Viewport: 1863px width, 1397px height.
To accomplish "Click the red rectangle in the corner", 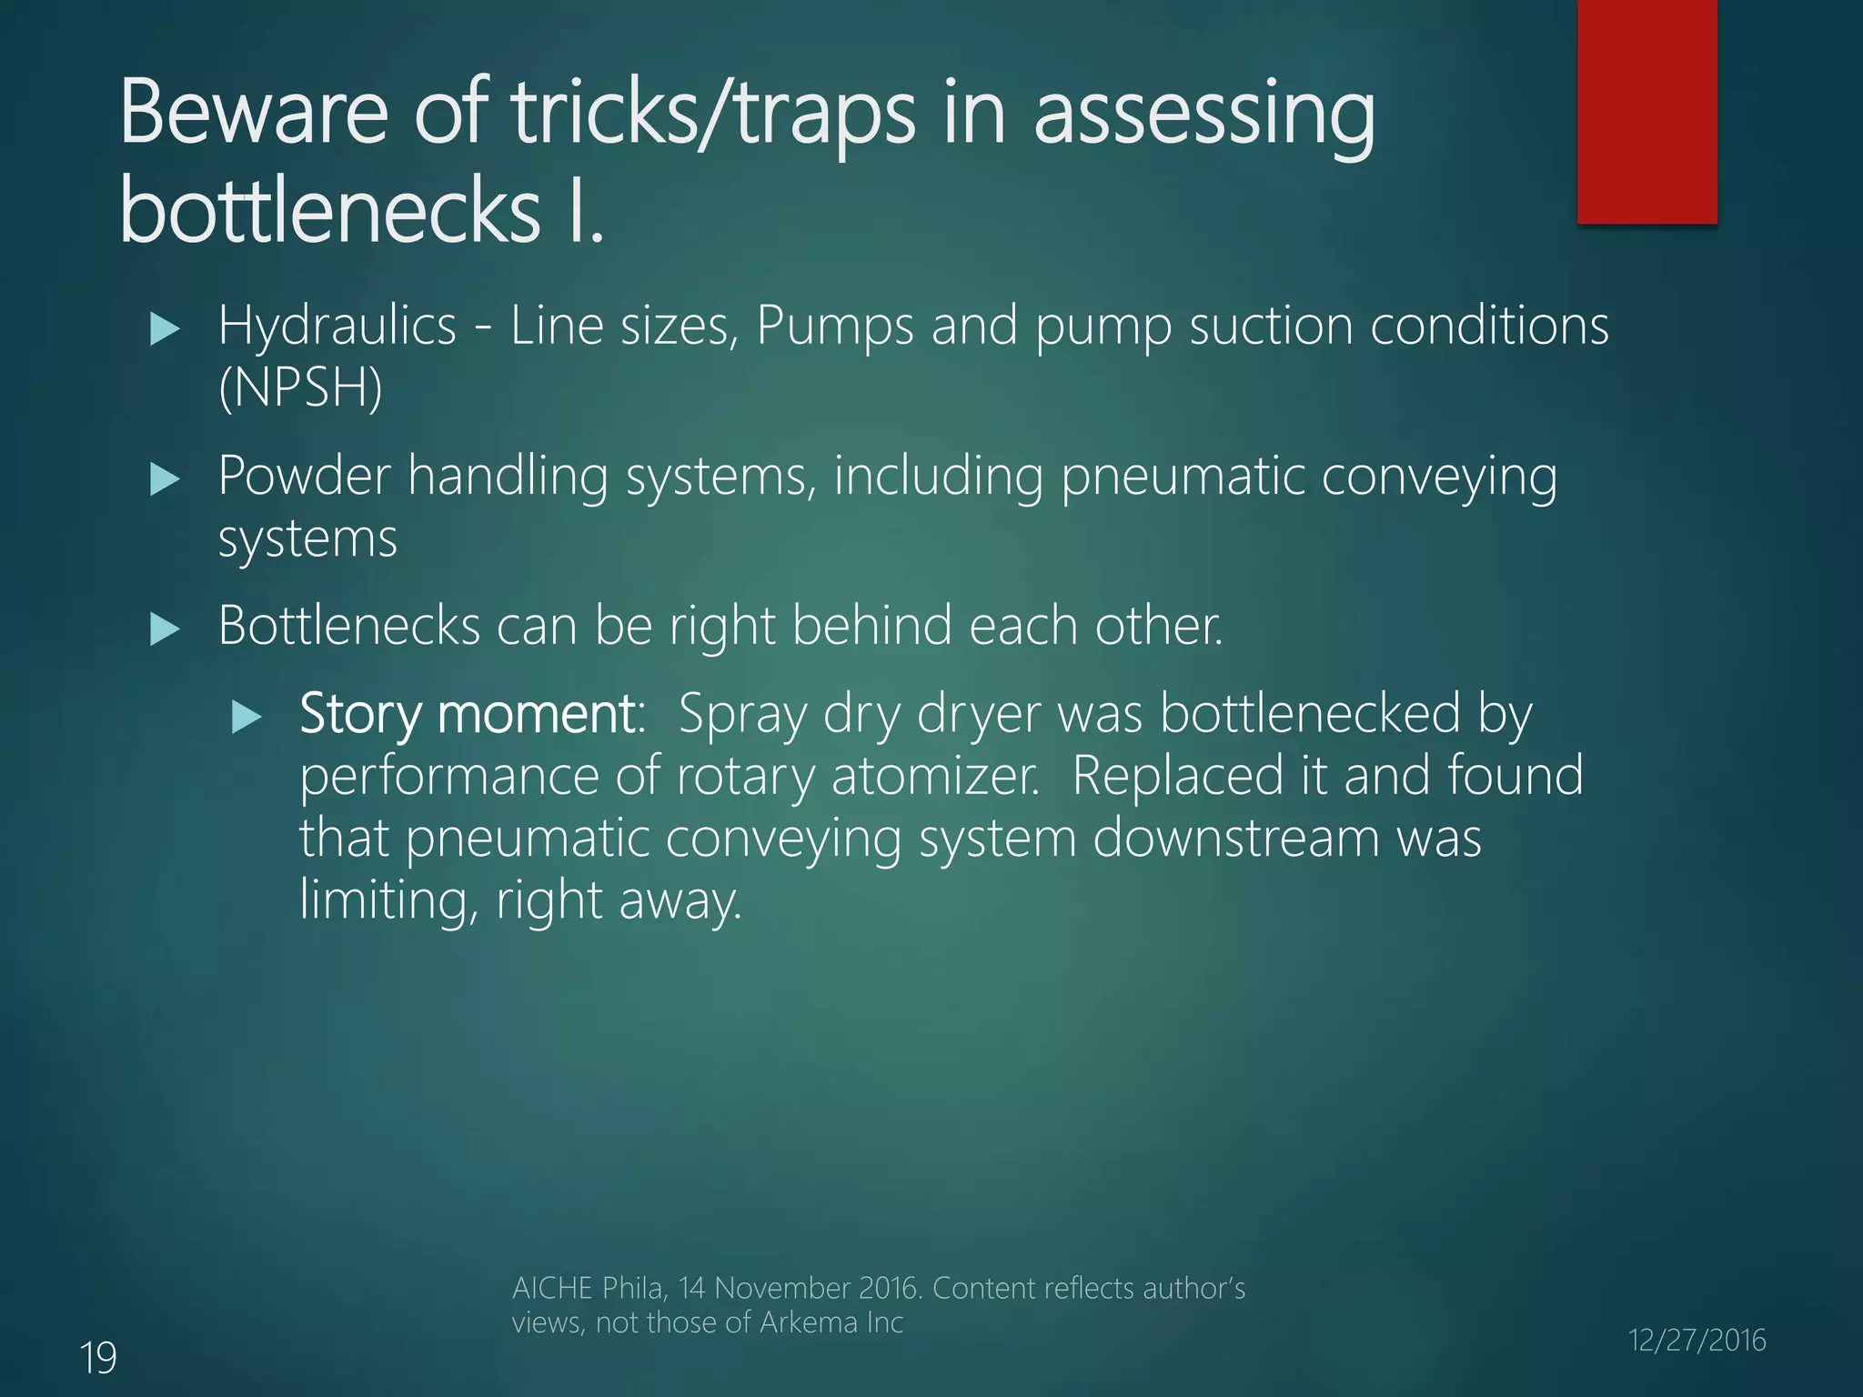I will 1646,111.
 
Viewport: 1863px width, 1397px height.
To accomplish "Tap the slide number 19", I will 98,1358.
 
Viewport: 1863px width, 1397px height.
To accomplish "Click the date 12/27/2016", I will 1697,1340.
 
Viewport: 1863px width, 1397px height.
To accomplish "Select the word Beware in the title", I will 255,113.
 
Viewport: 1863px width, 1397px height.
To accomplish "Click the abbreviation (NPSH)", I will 300,387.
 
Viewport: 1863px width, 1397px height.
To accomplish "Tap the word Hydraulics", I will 337,327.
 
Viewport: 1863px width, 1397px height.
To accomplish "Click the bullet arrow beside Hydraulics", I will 165,328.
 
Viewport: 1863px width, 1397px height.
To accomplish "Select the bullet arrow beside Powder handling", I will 165,478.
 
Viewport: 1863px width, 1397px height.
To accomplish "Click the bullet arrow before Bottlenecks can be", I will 165,628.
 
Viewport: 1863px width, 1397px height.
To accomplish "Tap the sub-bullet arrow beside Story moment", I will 247,717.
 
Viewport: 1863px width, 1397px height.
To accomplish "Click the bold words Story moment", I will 468,714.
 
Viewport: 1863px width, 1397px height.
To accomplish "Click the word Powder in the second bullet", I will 305,476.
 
